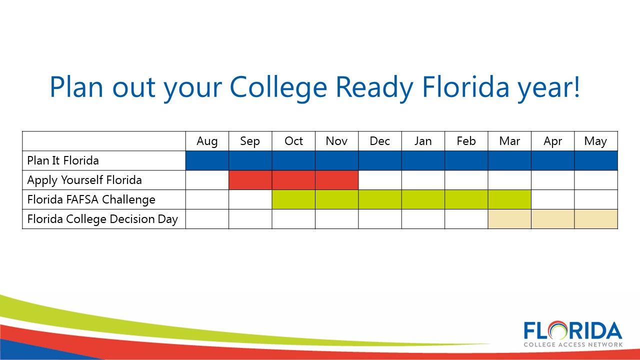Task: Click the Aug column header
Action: pyautogui.click(x=207, y=141)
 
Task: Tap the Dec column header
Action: pyautogui.click(x=379, y=141)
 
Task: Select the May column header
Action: pyautogui.click(x=595, y=141)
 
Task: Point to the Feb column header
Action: pyautogui.click(x=466, y=141)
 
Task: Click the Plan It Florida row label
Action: pyautogui.click(x=63, y=160)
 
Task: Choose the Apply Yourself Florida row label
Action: pyautogui.click(x=84, y=180)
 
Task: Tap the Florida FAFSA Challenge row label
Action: pyautogui.click(x=91, y=199)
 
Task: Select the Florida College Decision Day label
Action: pyautogui.click(x=102, y=219)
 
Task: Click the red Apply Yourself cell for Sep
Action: pyautogui.click(x=250, y=180)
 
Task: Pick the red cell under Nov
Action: pyautogui.click(x=337, y=180)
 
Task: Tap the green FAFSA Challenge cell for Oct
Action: pyautogui.click(x=293, y=199)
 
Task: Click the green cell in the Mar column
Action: pyautogui.click(x=509, y=199)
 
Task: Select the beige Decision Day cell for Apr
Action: pyautogui.click(x=553, y=219)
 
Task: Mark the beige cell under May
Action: pyautogui.click(x=596, y=219)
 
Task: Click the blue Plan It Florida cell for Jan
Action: pyautogui.click(x=423, y=160)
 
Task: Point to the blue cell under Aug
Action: pyautogui.click(x=207, y=160)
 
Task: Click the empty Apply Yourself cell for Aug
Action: pyautogui.click(x=207, y=180)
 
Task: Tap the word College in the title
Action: pyautogui.click(x=278, y=87)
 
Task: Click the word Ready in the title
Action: pyautogui.click(x=374, y=87)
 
